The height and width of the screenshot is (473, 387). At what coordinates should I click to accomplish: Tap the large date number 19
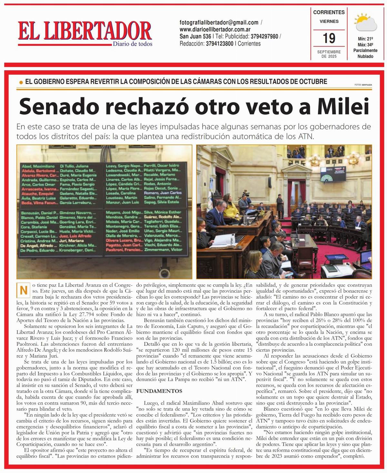(329, 38)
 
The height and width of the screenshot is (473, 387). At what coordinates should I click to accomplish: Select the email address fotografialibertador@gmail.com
(219, 23)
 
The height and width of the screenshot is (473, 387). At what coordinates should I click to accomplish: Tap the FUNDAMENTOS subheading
(159, 391)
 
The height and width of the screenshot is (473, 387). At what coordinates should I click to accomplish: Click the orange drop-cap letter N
(23, 290)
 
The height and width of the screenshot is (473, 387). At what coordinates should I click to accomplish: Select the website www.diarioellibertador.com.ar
(215, 30)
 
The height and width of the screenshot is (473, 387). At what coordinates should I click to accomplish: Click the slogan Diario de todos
(133, 44)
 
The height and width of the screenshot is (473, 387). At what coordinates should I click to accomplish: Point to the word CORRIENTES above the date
(329, 12)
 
